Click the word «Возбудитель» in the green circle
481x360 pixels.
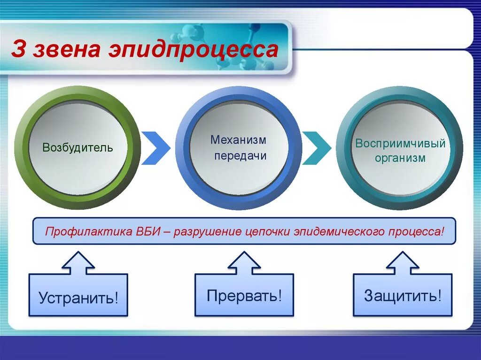pyautogui.click(x=78, y=147)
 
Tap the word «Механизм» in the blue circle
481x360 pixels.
pyautogui.click(x=238, y=140)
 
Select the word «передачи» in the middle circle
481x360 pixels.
pyautogui.click(x=240, y=156)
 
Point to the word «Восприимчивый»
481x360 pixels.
pyautogui.click(x=400, y=144)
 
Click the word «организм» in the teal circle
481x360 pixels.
pyautogui.click(x=400, y=158)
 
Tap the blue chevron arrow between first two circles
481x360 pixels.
pyautogui.click(x=156, y=148)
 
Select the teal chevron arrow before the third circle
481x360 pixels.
pyautogui.click(x=317, y=148)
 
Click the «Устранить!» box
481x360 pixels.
pyautogui.click(x=78, y=295)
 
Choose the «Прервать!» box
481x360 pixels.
pyautogui.click(x=244, y=295)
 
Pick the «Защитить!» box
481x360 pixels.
pyautogui.click(x=403, y=295)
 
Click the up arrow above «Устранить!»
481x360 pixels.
pyautogui.click(x=78, y=263)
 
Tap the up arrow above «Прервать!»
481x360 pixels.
pyautogui.click(x=244, y=263)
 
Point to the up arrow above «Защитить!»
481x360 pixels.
pyautogui.click(x=403, y=263)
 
